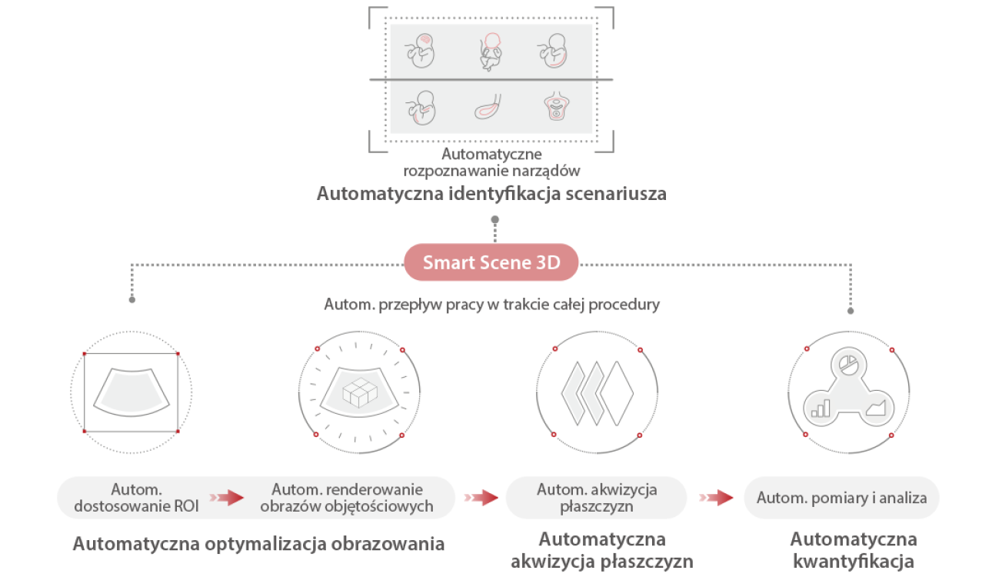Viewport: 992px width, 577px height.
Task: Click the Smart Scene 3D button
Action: pos(491,263)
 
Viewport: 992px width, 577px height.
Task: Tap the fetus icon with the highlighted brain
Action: pos(421,51)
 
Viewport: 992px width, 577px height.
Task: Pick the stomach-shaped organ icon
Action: pos(488,108)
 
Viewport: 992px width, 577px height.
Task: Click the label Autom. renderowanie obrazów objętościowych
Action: pos(347,498)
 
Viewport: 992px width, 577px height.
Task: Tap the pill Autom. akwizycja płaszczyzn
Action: pos(597,498)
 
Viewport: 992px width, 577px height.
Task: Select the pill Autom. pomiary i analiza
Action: pos(841,498)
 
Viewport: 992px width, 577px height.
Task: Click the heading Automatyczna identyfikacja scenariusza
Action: pos(491,193)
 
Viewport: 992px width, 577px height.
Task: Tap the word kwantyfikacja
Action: pos(854,559)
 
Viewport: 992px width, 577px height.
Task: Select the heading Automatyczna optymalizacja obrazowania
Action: pos(258,544)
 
